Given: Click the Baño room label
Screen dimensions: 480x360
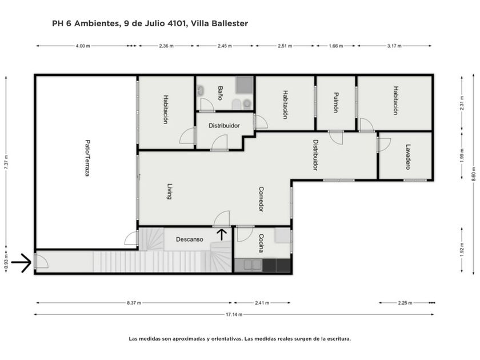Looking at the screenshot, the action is [x=220, y=93].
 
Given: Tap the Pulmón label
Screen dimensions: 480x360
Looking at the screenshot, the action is [x=336, y=102].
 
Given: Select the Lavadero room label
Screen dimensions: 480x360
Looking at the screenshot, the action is [x=408, y=157].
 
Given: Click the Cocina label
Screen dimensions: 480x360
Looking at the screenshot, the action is [x=261, y=243].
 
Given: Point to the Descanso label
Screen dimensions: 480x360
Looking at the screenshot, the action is [x=190, y=239].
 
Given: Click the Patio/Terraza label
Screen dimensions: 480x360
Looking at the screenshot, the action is [x=87, y=158].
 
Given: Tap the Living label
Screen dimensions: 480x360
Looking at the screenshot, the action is [x=169, y=191].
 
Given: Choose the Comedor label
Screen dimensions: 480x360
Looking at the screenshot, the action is [x=261, y=199].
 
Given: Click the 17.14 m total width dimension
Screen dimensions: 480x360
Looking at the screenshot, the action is [x=234, y=314].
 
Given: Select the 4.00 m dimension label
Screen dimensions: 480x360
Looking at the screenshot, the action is [x=83, y=46].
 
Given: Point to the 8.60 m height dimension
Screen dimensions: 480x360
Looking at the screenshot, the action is [x=474, y=174].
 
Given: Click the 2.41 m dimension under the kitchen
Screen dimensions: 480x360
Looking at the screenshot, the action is [x=262, y=303].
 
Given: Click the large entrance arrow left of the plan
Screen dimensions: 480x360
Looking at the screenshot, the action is [x=21, y=263].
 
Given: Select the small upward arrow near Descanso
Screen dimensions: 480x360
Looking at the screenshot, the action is [x=222, y=234].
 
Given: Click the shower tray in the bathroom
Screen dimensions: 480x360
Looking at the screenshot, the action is [x=245, y=85].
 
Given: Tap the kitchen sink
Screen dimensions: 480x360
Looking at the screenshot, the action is [x=248, y=265].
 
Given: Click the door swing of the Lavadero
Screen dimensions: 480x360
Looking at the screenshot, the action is [x=385, y=145].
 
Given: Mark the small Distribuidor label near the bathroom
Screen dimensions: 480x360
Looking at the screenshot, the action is [x=224, y=126].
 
